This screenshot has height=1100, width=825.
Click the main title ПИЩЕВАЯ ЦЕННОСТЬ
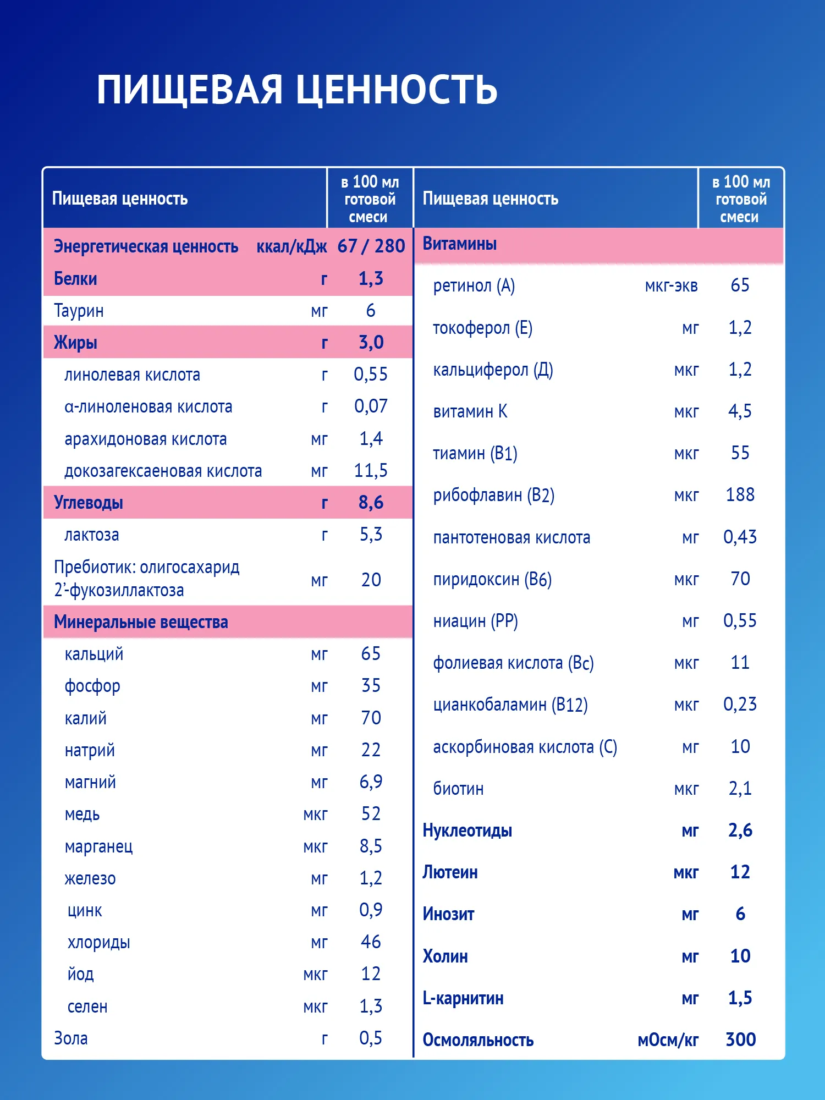(297, 89)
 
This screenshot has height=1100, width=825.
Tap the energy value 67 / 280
(371, 246)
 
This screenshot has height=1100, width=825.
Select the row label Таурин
(79, 311)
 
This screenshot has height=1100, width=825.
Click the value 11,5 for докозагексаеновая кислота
(371, 471)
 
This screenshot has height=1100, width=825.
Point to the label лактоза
(92, 535)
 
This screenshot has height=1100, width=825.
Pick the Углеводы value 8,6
(371, 503)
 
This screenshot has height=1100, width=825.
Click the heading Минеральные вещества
(141, 622)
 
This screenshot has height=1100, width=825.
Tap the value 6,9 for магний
(371, 782)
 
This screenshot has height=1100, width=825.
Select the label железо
(90, 878)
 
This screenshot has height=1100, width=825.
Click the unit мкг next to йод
(315, 975)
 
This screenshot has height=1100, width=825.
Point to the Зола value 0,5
(371, 1038)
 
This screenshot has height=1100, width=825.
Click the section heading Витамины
(460, 244)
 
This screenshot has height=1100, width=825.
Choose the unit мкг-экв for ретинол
(671, 286)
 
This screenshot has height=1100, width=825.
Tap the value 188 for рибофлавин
(740, 495)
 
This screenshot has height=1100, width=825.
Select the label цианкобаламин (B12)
(510, 705)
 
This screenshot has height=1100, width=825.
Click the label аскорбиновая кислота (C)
(525, 747)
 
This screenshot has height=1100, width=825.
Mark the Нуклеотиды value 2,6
(740, 831)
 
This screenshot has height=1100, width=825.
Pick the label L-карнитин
(463, 998)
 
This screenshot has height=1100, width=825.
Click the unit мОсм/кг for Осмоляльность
(668, 1040)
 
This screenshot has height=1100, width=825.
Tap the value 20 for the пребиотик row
(371, 580)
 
